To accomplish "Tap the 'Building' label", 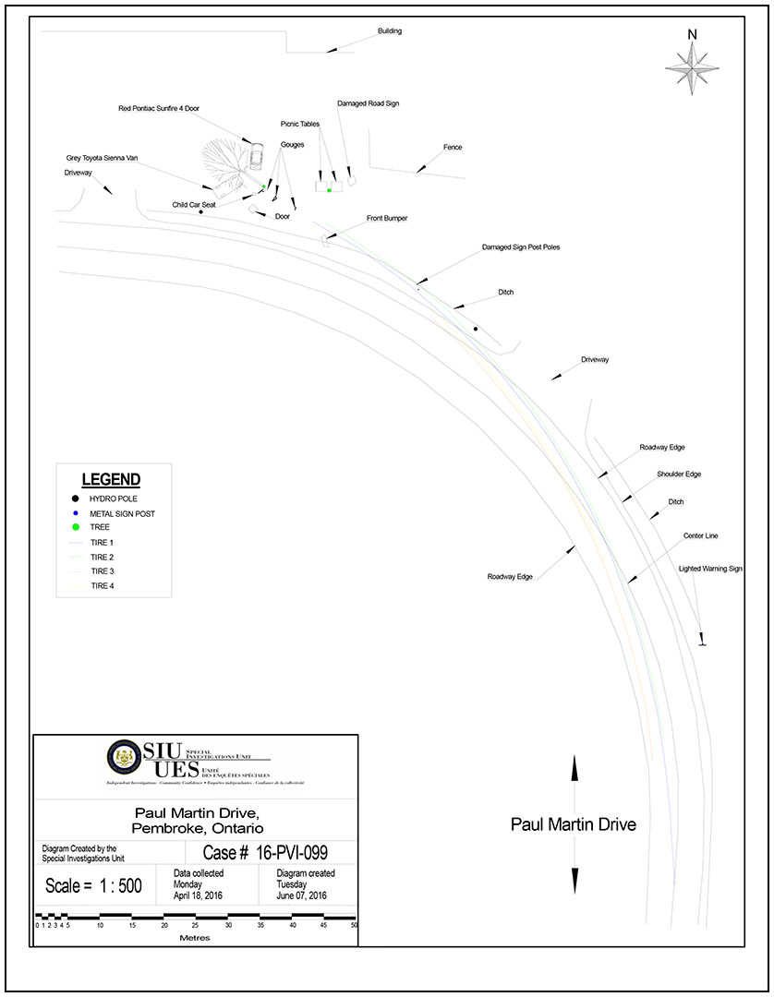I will pyautogui.click(x=389, y=31).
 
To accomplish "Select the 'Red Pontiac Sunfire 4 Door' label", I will pyautogui.click(x=159, y=109).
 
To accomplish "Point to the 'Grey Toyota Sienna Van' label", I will pyautogui.click(x=102, y=158).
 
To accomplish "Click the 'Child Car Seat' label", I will pyautogui.click(x=194, y=205).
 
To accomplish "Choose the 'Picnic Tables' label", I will pyautogui.click(x=300, y=124).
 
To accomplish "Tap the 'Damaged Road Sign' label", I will pyautogui.click(x=368, y=104).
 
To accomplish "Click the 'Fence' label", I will pyautogui.click(x=453, y=148).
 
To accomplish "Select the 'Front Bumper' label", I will pyautogui.click(x=387, y=219).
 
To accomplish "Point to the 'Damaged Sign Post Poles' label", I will pyautogui.click(x=521, y=247).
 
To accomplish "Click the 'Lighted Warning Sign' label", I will pyautogui.click(x=710, y=570).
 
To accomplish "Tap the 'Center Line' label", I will pyautogui.click(x=701, y=535).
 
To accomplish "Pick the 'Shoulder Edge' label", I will pyautogui.click(x=679, y=474).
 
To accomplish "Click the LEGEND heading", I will pyautogui.click(x=111, y=480).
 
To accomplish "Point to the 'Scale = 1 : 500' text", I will pyautogui.click(x=93, y=885).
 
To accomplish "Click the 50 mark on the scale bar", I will pyautogui.click(x=355, y=925).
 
